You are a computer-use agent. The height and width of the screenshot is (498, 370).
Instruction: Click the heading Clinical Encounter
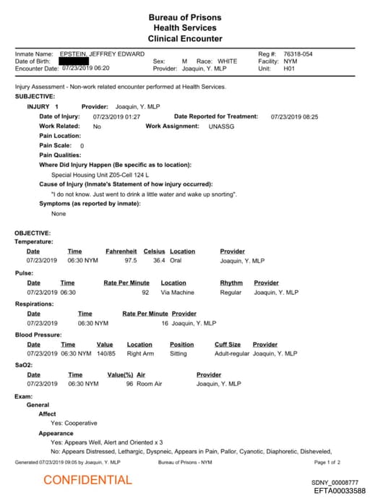click(185, 38)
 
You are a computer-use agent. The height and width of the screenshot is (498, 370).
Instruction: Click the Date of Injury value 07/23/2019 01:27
click(116, 116)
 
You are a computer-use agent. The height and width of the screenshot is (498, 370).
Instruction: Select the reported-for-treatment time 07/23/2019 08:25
click(294, 116)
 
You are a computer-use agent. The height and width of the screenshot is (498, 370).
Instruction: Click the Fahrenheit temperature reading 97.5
click(130, 260)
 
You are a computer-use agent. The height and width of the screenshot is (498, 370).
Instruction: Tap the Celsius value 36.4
click(159, 260)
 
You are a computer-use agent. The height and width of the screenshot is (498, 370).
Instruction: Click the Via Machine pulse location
click(177, 292)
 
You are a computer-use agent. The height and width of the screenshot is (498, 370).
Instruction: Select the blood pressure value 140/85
click(105, 353)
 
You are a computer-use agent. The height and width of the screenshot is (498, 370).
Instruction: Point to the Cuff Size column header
click(228, 345)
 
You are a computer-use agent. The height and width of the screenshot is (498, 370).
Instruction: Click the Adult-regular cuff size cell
click(231, 353)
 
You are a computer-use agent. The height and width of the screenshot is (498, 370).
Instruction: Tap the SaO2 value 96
click(129, 384)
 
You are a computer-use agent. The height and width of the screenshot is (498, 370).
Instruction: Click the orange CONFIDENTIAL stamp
click(88, 480)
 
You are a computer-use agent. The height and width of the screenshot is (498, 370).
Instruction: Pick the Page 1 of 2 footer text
click(327, 462)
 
